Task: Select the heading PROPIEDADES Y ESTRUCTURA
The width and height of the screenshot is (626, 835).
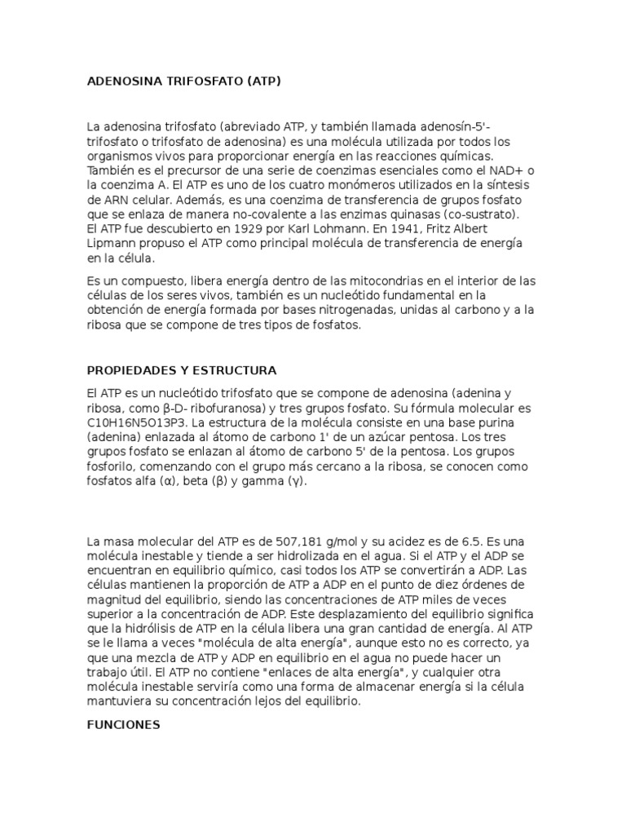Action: tap(182, 369)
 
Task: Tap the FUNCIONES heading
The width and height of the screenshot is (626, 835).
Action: tap(123, 724)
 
